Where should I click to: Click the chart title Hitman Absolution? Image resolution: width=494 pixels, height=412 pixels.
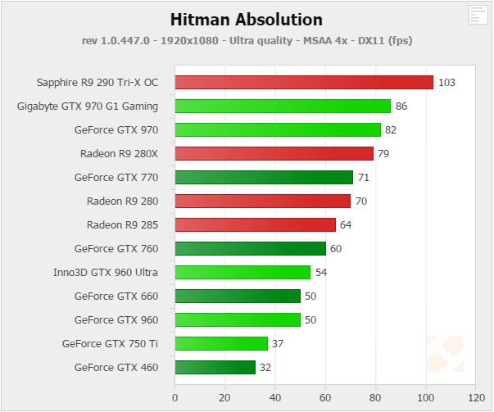tap(247, 19)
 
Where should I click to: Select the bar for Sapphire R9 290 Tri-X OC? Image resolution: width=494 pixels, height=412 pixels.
tap(303, 82)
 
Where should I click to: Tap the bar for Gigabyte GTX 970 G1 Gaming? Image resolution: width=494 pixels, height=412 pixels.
tap(283, 106)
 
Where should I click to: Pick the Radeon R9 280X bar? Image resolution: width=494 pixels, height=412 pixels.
tap(274, 153)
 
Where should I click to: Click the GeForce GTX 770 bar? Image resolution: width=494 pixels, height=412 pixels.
tap(264, 177)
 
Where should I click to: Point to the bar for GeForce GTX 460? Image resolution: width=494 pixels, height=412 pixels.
tap(215, 367)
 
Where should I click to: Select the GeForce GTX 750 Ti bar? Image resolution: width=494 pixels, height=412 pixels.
tap(221, 343)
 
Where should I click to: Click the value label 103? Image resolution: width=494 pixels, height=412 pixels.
tap(446, 82)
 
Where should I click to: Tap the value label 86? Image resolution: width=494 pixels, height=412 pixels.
tap(401, 106)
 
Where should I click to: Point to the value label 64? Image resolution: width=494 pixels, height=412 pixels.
tap(347, 224)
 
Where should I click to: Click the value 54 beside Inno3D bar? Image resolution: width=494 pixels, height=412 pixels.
tap(321, 272)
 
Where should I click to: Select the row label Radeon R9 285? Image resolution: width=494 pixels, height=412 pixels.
tap(122, 224)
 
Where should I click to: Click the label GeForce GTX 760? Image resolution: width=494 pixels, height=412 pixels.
tap(116, 248)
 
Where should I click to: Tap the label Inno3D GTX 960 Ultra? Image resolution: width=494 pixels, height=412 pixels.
tap(105, 272)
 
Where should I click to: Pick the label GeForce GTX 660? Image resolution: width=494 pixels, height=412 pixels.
tap(116, 296)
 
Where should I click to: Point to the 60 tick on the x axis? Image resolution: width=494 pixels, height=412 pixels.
tap(325, 397)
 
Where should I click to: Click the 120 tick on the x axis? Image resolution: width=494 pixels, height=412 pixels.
tap(475, 397)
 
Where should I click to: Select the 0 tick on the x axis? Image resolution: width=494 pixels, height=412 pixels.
tap(174, 397)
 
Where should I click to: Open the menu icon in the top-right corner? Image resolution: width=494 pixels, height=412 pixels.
tap(478, 14)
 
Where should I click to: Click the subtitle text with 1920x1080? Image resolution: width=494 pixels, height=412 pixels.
tap(247, 40)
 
